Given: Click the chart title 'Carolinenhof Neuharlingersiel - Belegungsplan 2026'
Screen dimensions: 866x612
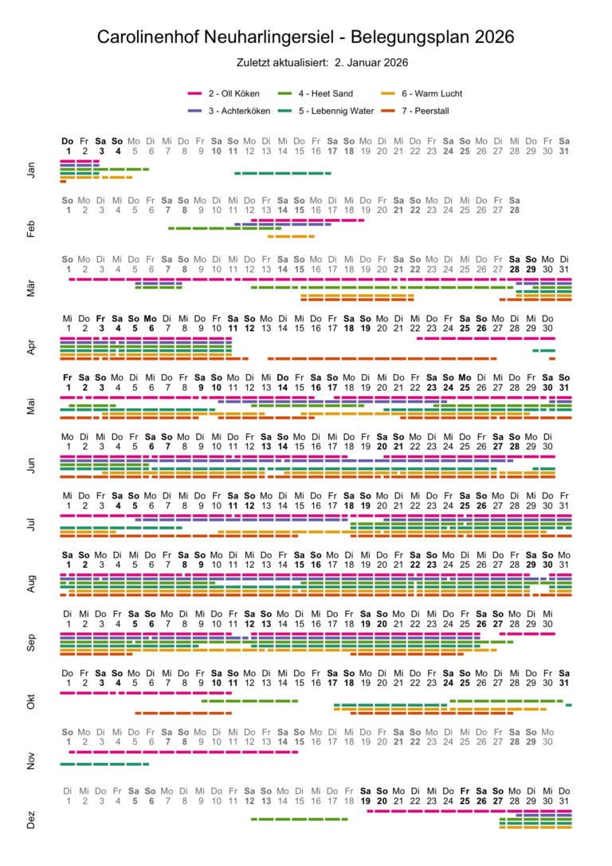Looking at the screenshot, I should point(306,37).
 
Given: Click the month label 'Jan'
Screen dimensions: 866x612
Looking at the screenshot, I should point(31,170).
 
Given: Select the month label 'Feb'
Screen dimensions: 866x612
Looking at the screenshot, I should point(31,229).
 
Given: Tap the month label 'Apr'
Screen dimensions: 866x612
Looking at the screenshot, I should point(31,347).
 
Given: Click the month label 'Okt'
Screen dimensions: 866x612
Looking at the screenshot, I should point(31,703).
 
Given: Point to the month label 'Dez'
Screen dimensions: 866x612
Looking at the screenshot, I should point(31,821).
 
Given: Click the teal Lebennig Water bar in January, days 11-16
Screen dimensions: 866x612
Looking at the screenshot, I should point(283,173).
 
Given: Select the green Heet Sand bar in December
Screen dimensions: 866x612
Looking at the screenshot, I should point(300,819).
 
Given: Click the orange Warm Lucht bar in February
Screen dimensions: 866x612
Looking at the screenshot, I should point(291,237).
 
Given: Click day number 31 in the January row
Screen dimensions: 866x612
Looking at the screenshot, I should point(564,150).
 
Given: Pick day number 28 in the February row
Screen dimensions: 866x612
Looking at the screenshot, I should point(515,210).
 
